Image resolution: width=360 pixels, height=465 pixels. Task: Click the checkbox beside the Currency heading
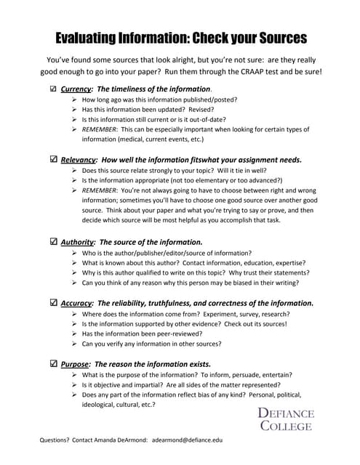pos(52,89)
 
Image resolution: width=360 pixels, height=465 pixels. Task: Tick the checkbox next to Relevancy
pos(52,158)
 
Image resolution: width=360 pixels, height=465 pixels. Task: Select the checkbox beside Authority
pos(52,241)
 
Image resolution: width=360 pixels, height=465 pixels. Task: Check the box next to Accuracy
pos(52,302)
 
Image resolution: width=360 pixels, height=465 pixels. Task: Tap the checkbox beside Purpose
pos(52,363)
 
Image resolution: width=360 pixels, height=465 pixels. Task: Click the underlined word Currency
pos(76,89)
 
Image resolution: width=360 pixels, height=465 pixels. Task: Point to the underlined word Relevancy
pos(79,158)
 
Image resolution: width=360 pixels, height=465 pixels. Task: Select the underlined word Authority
pos(78,241)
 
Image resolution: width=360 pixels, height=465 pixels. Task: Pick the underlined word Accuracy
pos(77,302)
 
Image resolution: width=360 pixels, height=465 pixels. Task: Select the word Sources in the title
pos(271,36)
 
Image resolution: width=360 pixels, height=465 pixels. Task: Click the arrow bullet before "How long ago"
pos(76,99)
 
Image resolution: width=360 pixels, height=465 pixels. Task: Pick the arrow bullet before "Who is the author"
pos(76,251)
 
